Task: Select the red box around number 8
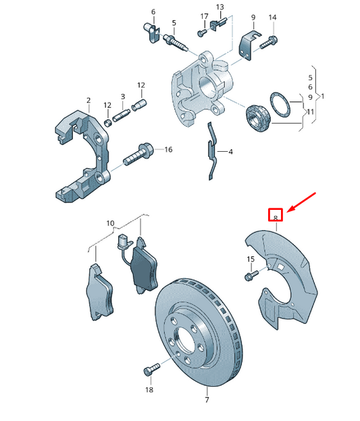coord(276,215)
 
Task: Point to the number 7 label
coord(207,401)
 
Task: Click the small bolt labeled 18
coord(149,370)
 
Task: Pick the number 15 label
coord(251,260)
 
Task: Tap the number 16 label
coord(168,149)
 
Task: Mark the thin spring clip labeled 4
coord(213,152)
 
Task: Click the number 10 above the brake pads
coord(111,222)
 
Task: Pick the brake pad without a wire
coord(98,291)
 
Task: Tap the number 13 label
coord(220,7)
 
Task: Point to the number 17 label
coord(204,16)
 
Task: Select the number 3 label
coord(124,97)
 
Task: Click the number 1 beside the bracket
coord(323,96)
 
